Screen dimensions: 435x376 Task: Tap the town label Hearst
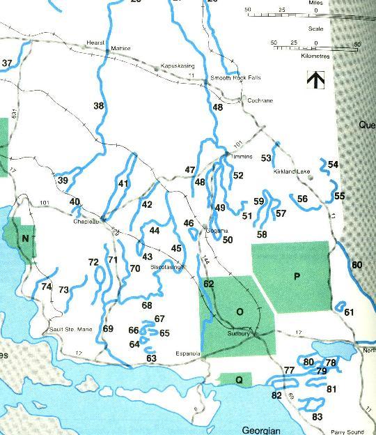pos(95,42)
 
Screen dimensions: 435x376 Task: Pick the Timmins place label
pos(241,157)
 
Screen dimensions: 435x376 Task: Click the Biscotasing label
pos(166,266)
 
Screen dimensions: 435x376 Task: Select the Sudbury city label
pos(239,333)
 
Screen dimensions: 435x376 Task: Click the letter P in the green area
pos(297,277)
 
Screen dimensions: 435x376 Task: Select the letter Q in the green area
pos(239,380)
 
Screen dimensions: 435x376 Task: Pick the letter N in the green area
pos(25,238)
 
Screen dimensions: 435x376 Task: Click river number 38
pos(99,106)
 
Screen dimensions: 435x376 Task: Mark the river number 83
pos(318,416)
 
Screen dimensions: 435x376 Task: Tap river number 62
pos(209,284)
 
